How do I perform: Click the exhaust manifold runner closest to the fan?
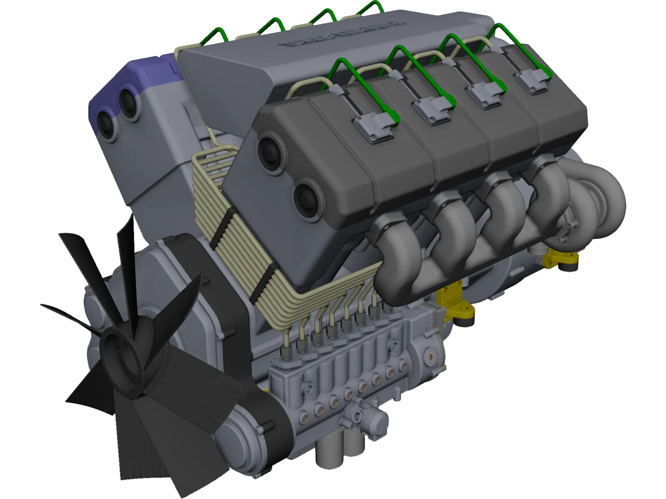click(391, 249)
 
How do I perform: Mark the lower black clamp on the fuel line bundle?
click(264, 279)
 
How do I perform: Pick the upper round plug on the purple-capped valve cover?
click(129, 100)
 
